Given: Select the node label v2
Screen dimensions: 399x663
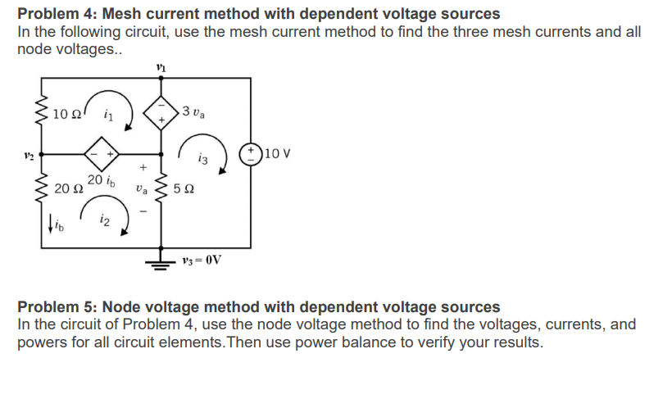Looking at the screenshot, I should click(26, 153).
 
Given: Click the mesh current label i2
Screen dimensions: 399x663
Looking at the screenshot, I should click(104, 219).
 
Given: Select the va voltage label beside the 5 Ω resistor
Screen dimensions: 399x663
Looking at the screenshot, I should click(141, 190).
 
